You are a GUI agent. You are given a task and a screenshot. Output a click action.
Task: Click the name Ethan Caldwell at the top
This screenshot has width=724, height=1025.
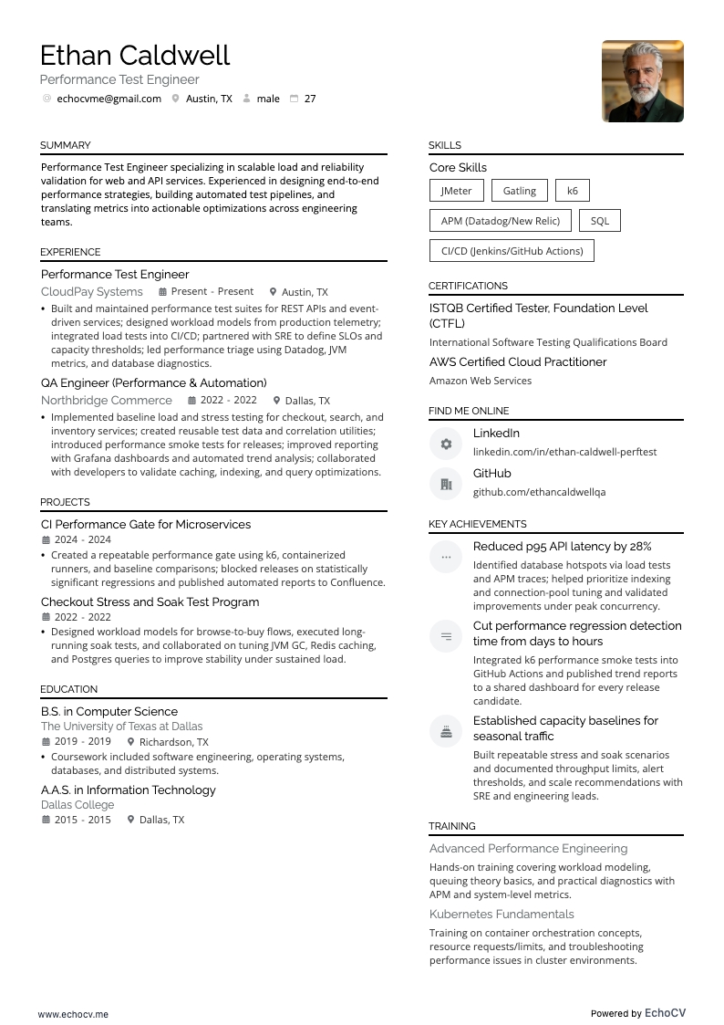pyautogui.click(x=135, y=56)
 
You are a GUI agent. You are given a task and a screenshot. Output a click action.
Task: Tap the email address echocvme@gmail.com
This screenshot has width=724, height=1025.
pyautogui.click(x=109, y=99)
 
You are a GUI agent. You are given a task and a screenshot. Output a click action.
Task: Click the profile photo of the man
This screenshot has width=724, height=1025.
pyautogui.click(x=642, y=81)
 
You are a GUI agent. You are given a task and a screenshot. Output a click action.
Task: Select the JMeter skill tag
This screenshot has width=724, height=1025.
pyautogui.click(x=456, y=191)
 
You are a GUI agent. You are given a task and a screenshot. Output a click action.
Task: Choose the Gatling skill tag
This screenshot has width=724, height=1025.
pyautogui.click(x=519, y=191)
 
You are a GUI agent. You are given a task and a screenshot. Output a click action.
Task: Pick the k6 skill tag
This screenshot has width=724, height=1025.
pyautogui.click(x=572, y=191)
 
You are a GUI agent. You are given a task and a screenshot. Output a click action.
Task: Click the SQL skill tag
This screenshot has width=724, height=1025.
pyautogui.click(x=599, y=221)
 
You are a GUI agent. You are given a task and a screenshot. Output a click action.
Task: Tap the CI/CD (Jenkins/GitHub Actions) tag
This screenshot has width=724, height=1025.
pyautogui.click(x=511, y=251)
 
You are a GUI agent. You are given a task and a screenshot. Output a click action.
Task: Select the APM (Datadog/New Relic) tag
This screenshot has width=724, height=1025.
pyautogui.click(x=500, y=221)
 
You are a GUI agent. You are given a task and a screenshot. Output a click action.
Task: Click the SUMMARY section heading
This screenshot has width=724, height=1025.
pyautogui.click(x=65, y=145)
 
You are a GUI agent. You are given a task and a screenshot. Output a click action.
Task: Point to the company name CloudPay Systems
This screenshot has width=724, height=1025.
pyautogui.click(x=92, y=292)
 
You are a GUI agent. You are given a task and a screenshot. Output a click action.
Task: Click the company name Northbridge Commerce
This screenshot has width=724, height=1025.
pyautogui.click(x=107, y=401)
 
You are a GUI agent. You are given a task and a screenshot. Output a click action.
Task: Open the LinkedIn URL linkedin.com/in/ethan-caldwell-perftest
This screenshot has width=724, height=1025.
pyautogui.click(x=564, y=452)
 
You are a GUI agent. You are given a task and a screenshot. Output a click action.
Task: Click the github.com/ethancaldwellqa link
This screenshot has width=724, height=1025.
pyautogui.click(x=539, y=492)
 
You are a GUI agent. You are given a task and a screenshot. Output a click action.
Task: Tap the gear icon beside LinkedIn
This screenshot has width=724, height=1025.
pyautogui.click(x=446, y=444)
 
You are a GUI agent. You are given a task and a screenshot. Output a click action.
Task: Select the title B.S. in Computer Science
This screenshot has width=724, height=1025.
pyautogui.click(x=109, y=712)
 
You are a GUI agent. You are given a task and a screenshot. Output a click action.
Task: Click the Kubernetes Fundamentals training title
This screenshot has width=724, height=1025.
pyautogui.click(x=502, y=915)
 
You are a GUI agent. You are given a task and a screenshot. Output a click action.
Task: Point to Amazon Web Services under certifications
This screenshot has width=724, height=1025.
pyautogui.click(x=481, y=381)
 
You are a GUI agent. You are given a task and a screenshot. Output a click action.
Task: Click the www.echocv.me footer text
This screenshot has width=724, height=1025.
pyautogui.click(x=73, y=1014)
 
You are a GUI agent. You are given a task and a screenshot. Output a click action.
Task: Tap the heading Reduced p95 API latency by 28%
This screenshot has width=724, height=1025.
pyautogui.click(x=562, y=547)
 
